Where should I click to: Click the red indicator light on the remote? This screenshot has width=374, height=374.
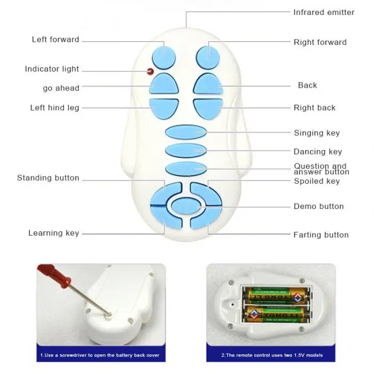[150, 71]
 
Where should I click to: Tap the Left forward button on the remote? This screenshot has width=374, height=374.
[163, 56]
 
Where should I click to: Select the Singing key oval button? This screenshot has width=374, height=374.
[185, 131]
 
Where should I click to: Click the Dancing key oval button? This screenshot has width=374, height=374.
[185, 150]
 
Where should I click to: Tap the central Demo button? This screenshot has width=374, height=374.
[186, 206]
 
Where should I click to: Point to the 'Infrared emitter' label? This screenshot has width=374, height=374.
[324, 12]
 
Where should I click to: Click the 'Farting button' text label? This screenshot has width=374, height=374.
[321, 235]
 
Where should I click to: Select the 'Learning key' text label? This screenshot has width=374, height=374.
[53, 233]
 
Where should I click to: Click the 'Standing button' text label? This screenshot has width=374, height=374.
[48, 178]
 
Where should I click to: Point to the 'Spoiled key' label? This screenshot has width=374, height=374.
[317, 181]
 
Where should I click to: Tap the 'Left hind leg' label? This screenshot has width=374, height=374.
[54, 108]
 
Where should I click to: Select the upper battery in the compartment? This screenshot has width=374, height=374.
[276, 295]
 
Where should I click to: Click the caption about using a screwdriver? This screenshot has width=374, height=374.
[100, 355]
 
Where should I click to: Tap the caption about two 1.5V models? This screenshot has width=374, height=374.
[271, 355]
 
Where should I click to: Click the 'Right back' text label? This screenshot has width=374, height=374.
[315, 108]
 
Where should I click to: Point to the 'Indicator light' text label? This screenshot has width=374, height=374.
[52, 69]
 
